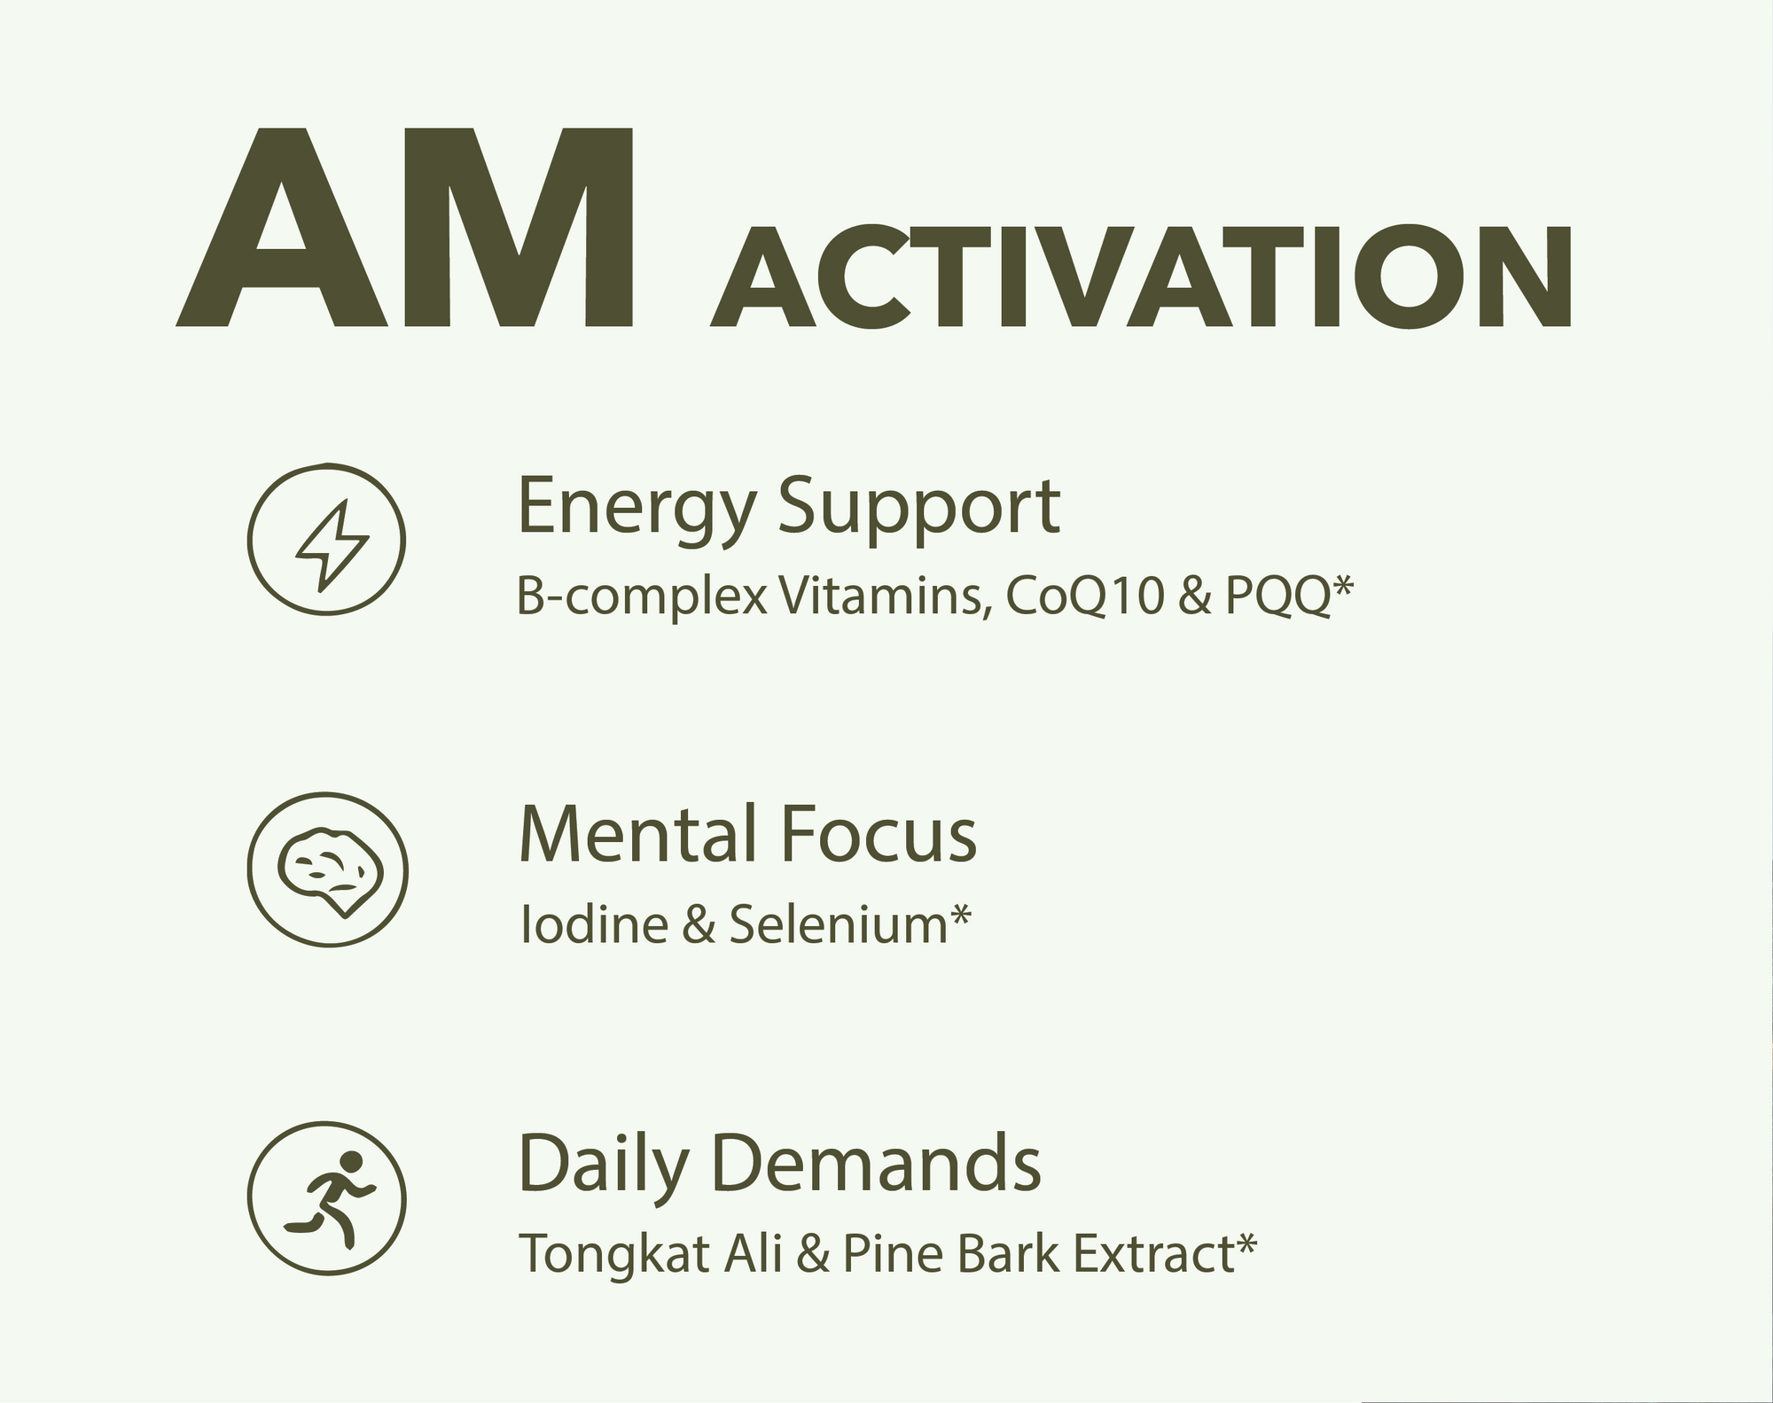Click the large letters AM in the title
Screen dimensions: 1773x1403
pyautogui.click(x=405, y=227)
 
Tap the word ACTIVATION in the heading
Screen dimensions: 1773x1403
pyautogui.click(x=1141, y=277)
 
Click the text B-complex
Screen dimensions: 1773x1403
pyautogui.click(x=641, y=599)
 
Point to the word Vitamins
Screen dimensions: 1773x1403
pyautogui.click(x=883, y=597)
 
